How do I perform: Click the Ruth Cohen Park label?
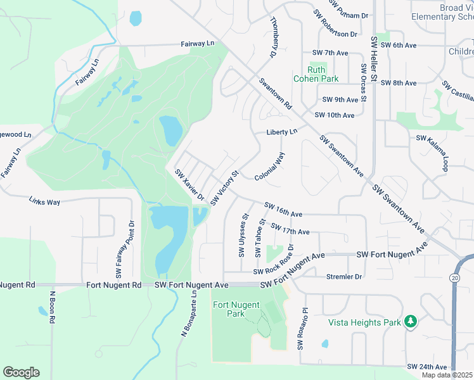click(315, 74)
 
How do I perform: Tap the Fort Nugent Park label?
click(236, 309)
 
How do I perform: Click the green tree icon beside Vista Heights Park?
click(411, 322)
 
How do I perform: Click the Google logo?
click(21, 372)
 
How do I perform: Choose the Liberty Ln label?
click(281, 132)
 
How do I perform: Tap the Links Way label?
click(44, 201)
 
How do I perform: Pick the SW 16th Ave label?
click(283, 210)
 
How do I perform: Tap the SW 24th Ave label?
click(427, 367)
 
